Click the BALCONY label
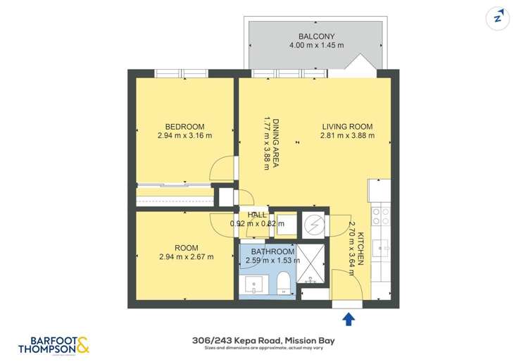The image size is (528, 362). coord(316,36)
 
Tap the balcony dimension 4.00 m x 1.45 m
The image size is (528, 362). coord(316,46)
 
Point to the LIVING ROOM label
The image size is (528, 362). coord(347,127)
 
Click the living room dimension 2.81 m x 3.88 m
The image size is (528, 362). coord(347,136)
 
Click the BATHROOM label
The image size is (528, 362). coord(272,251)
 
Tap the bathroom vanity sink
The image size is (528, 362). coord(254,285)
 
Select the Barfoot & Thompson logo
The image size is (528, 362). coord(54,344)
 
